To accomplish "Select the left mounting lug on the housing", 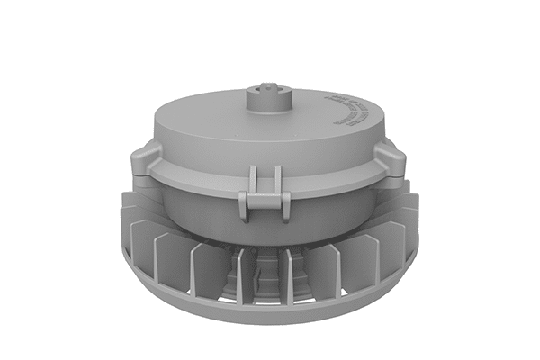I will (x=147, y=163).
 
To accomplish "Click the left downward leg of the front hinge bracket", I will (x=244, y=208).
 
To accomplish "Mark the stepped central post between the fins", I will (x=265, y=274).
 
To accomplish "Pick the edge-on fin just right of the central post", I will (x=289, y=274).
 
